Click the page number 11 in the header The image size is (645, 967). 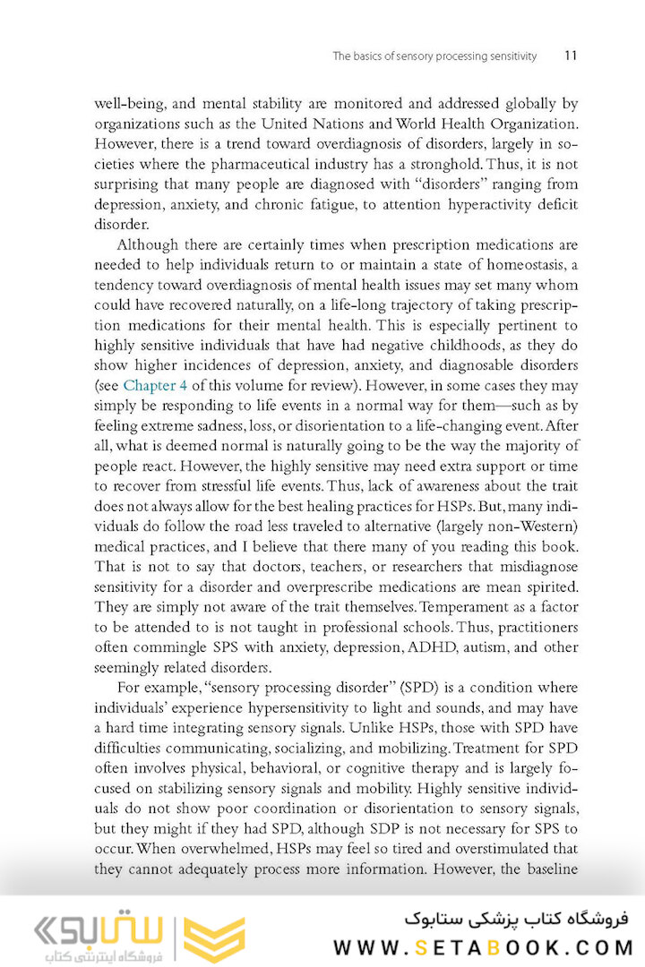pyautogui.click(x=571, y=56)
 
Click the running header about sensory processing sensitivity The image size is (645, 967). pyautogui.click(x=434, y=56)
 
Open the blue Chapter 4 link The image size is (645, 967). pyautogui.click(x=153, y=386)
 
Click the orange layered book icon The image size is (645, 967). pyautogui.click(x=214, y=938)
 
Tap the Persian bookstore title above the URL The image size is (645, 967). pyautogui.click(x=518, y=919)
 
